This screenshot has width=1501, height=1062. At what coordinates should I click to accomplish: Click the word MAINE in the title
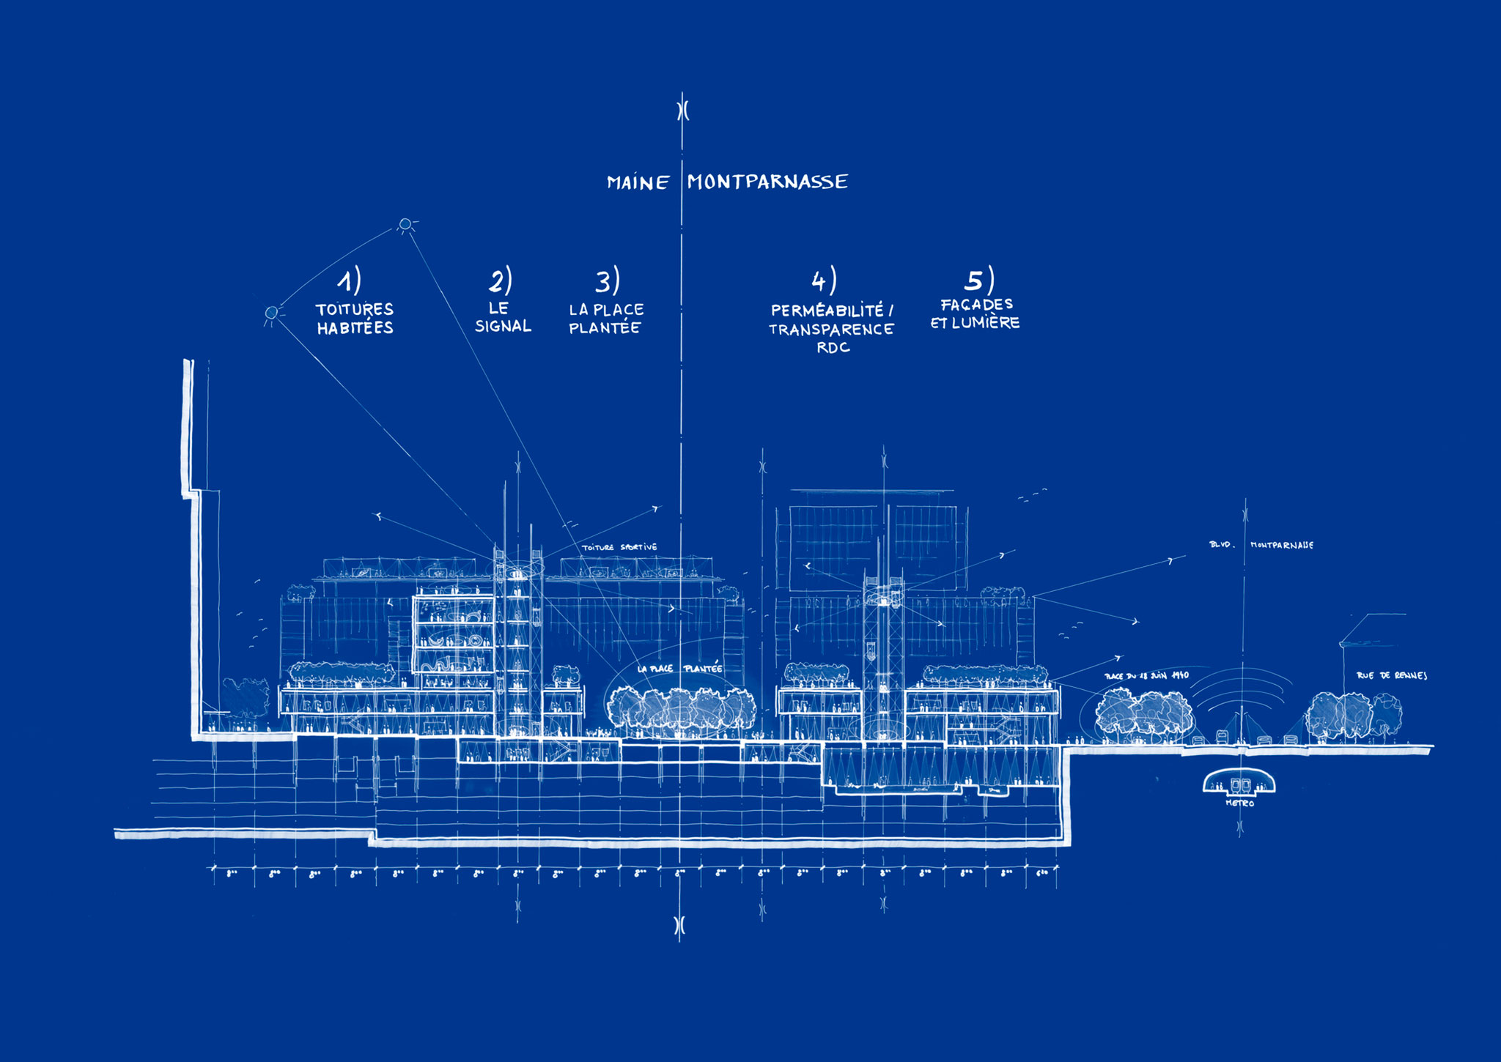[638, 182]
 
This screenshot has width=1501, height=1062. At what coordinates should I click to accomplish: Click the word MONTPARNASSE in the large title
[767, 182]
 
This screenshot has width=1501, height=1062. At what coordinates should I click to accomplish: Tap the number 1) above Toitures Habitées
[349, 281]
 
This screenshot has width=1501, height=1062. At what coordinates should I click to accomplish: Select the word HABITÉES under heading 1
[355, 328]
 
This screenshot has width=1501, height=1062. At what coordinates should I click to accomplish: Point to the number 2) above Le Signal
[501, 281]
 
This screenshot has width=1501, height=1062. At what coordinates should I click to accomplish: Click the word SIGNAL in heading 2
[503, 326]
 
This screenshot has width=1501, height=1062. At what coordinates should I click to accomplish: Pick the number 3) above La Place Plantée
[608, 281]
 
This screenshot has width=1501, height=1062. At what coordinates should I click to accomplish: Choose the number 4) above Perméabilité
[824, 281]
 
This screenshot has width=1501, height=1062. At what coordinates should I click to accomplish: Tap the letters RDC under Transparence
[833, 348]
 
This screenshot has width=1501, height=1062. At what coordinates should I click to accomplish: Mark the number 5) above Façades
[978, 280]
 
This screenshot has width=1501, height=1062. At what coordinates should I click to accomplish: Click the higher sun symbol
[405, 223]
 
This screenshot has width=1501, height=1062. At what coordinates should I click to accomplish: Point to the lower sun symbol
[271, 313]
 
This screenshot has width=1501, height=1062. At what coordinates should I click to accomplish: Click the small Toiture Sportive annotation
[619, 547]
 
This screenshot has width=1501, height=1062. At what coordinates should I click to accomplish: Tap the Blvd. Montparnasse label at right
[1261, 545]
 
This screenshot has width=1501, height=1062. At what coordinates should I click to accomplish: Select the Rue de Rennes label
[1391, 675]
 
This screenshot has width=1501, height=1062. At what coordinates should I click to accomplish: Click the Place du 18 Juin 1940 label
[1146, 675]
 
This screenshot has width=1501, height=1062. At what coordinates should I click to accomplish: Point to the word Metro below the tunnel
[1239, 803]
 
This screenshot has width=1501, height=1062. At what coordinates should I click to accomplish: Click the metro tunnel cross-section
[1239, 784]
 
